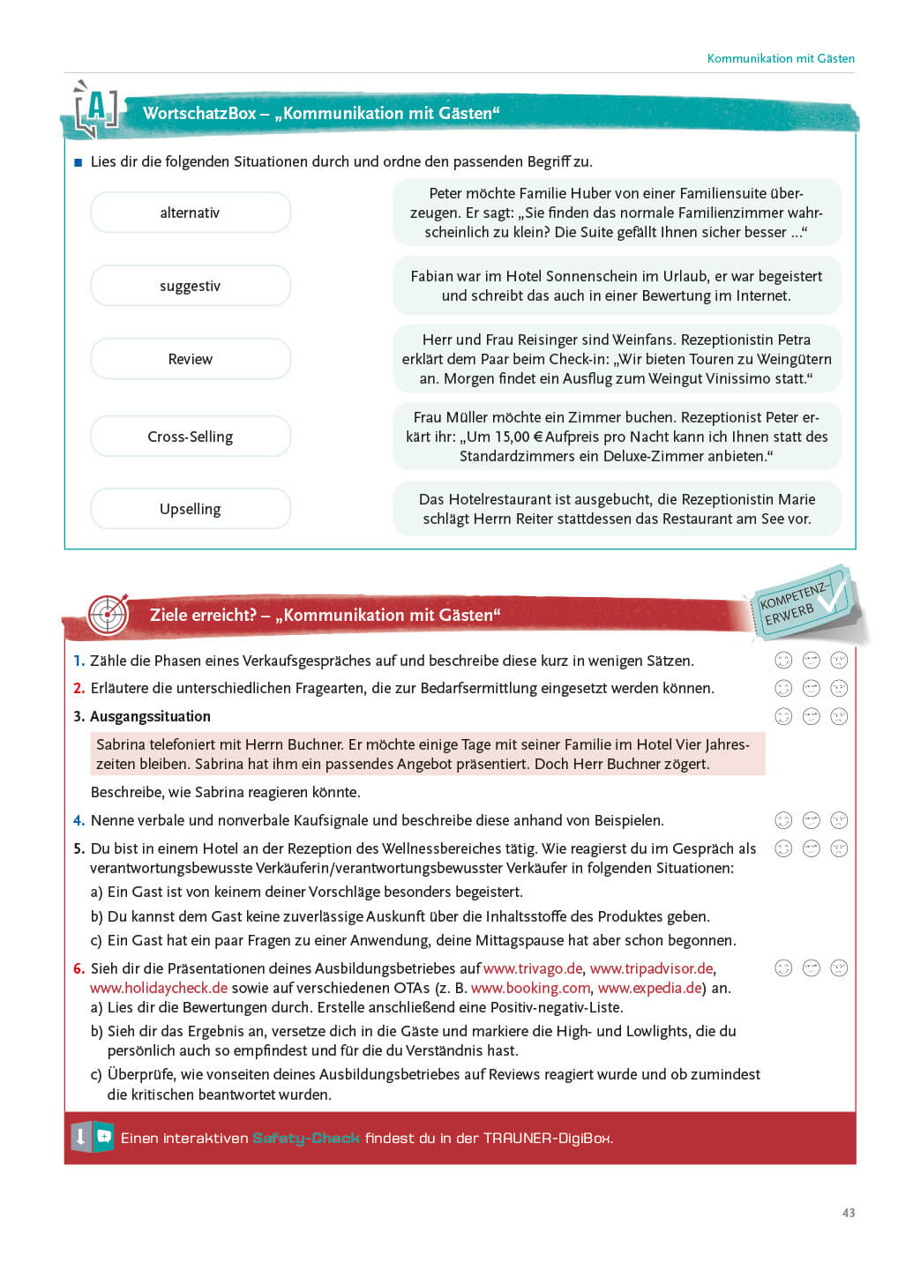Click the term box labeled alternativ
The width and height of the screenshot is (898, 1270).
191,213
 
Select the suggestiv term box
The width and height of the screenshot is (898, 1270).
191,286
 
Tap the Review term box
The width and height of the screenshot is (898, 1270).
191,359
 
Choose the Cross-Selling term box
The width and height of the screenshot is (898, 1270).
191,437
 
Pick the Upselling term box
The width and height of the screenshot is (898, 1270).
191,509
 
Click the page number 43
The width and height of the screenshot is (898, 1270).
849,1213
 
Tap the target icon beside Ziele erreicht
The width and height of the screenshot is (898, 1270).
109,614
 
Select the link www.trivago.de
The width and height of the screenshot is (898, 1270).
533,968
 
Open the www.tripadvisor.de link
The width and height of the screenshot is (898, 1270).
651,968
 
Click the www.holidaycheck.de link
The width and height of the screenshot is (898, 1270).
159,988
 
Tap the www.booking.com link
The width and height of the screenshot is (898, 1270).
530,988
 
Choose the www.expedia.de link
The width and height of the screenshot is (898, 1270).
651,988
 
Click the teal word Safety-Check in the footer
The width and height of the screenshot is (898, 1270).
306,1138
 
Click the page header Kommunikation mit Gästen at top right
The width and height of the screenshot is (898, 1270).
781,58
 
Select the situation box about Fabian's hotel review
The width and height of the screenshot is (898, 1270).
617,286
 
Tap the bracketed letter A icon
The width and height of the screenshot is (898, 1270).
95,110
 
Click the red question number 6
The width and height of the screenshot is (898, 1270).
79,968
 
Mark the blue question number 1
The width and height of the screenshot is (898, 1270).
79,661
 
